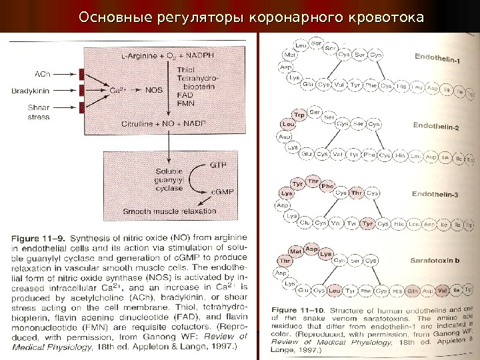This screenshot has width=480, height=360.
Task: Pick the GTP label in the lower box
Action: (217, 163)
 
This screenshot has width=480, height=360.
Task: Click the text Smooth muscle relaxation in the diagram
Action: (169, 211)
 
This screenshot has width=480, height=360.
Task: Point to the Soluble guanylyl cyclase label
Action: (164, 179)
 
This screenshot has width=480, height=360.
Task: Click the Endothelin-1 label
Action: (437, 59)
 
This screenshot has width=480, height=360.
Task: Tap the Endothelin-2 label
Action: (437, 126)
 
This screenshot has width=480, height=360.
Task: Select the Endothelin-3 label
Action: (435, 195)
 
